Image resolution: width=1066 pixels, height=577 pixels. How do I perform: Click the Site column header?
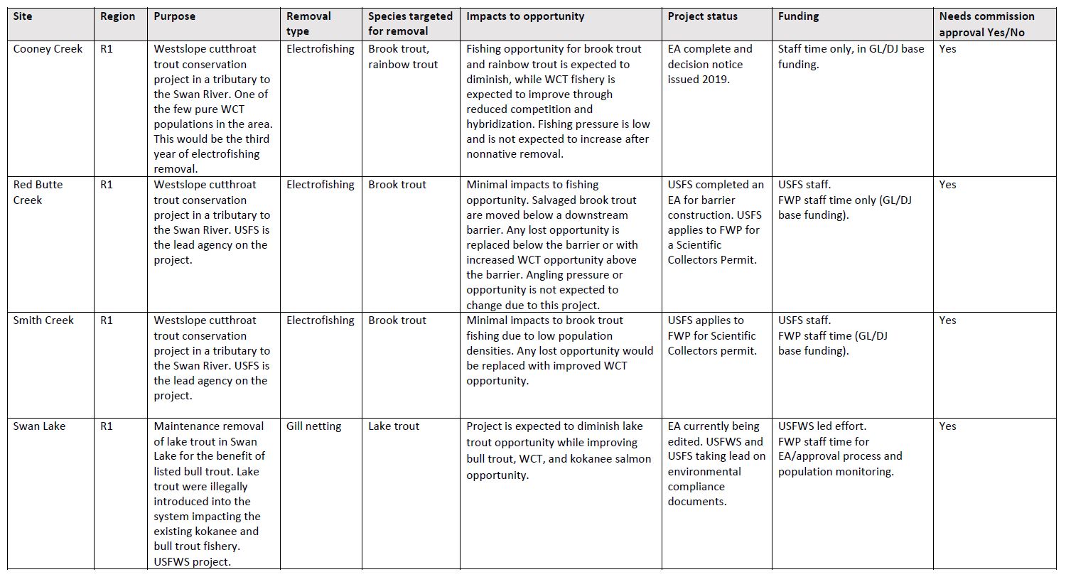pos(23,16)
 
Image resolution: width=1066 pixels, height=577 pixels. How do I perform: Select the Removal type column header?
pos(310,23)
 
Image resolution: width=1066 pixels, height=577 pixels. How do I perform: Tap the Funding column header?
pos(798,16)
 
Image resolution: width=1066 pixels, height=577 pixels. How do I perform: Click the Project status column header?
pos(703,16)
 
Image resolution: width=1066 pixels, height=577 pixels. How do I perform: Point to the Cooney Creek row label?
pos(48,49)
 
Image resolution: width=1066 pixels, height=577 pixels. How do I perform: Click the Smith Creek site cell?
pos(43,320)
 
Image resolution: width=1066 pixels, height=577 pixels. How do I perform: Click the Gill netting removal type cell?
pos(314,426)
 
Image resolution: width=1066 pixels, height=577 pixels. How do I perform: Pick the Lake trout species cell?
pos(394,426)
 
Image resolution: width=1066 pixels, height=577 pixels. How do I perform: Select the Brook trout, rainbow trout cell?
pos(403,57)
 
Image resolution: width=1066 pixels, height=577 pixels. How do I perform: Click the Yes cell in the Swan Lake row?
pos(948,426)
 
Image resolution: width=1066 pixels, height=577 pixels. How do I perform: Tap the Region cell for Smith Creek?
pos(107,320)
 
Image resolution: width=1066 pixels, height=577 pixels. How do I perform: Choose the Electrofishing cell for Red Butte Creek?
pos(321,185)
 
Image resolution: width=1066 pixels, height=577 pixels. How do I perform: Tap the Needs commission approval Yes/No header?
pos(987,23)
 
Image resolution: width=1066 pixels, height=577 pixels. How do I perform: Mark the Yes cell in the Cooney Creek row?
pos(948,49)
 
